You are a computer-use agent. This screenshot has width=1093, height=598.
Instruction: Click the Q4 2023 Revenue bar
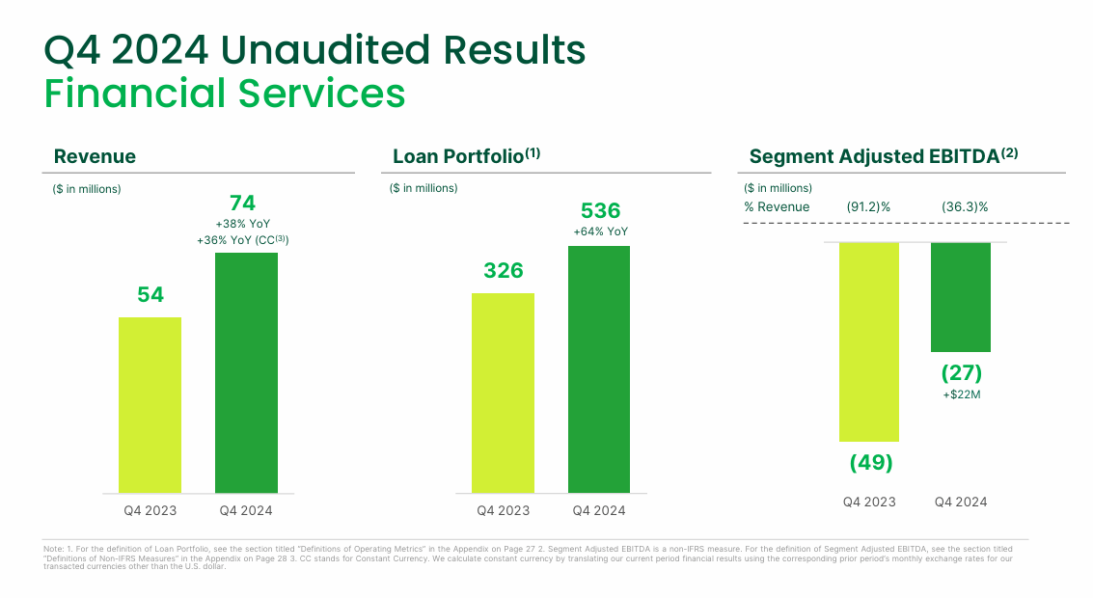coord(150,405)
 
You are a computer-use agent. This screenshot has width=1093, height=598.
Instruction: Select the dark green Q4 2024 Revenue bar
coord(246,373)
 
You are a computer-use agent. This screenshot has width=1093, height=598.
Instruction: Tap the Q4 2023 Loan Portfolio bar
coord(503,394)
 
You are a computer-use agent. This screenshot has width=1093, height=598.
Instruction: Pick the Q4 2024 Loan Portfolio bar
coord(599,369)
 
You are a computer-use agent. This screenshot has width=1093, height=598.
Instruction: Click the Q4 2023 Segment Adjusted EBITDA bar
coord(869,341)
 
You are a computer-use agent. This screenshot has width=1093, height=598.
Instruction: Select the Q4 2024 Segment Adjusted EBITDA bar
coord(961,297)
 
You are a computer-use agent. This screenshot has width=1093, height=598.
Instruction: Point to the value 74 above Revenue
coord(242,203)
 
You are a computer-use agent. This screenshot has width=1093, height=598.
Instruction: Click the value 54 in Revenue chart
coord(150,295)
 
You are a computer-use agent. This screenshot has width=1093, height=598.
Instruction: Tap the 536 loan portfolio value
coord(600,211)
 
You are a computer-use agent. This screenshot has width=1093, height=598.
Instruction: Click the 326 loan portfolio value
coord(503,271)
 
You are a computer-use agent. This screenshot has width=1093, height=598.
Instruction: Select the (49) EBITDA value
coord(870,463)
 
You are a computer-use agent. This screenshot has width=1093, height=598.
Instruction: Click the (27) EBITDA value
coord(961,373)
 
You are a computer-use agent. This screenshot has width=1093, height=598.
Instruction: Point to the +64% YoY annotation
coord(600,232)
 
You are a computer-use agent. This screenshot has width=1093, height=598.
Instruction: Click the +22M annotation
coord(961,394)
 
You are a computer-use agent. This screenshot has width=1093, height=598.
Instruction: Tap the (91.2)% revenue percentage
coord(868,207)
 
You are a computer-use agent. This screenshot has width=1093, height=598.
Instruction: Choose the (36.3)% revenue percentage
coord(964,207)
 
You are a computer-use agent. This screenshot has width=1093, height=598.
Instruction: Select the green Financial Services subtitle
coord(225,94)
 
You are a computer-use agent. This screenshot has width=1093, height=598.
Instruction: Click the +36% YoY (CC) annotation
coord(242,240)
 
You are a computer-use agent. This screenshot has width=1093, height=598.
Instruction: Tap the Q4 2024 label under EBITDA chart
coord(961,503)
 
